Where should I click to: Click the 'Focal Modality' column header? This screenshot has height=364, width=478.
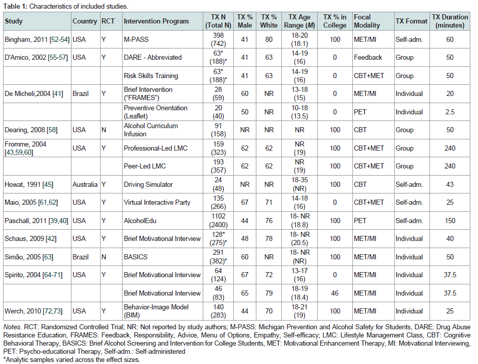(x=367, y=21)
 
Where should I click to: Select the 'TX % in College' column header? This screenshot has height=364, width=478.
(x=334, y=21)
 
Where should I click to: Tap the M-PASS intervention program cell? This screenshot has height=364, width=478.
(x=136, y=40)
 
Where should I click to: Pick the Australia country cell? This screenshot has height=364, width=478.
(x=85, y=184)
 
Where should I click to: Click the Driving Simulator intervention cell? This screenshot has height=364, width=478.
(x=148, y=184)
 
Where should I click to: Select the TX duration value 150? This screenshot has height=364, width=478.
(x=449, y=221)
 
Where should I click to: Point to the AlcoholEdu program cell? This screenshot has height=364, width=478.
(x=140, y=221)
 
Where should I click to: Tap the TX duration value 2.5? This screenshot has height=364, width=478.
(x=449, y=112)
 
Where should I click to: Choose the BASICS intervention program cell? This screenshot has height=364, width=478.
(x=135, y=257)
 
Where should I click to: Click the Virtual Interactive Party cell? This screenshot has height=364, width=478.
(x=157, y=203)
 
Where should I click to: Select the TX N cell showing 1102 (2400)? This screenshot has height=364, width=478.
(x=218, y=221)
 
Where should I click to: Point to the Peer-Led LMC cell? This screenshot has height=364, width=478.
(x=145, y=166)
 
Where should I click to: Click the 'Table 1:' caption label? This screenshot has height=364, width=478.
(x=15, y=7)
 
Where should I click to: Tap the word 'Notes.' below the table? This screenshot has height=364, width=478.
(x=12, y=327)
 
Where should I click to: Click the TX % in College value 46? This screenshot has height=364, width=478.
(x=334, y=293)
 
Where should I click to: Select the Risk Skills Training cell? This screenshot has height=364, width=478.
(x=151, y=76)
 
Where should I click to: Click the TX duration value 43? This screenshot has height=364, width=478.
(x=449, y=184)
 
